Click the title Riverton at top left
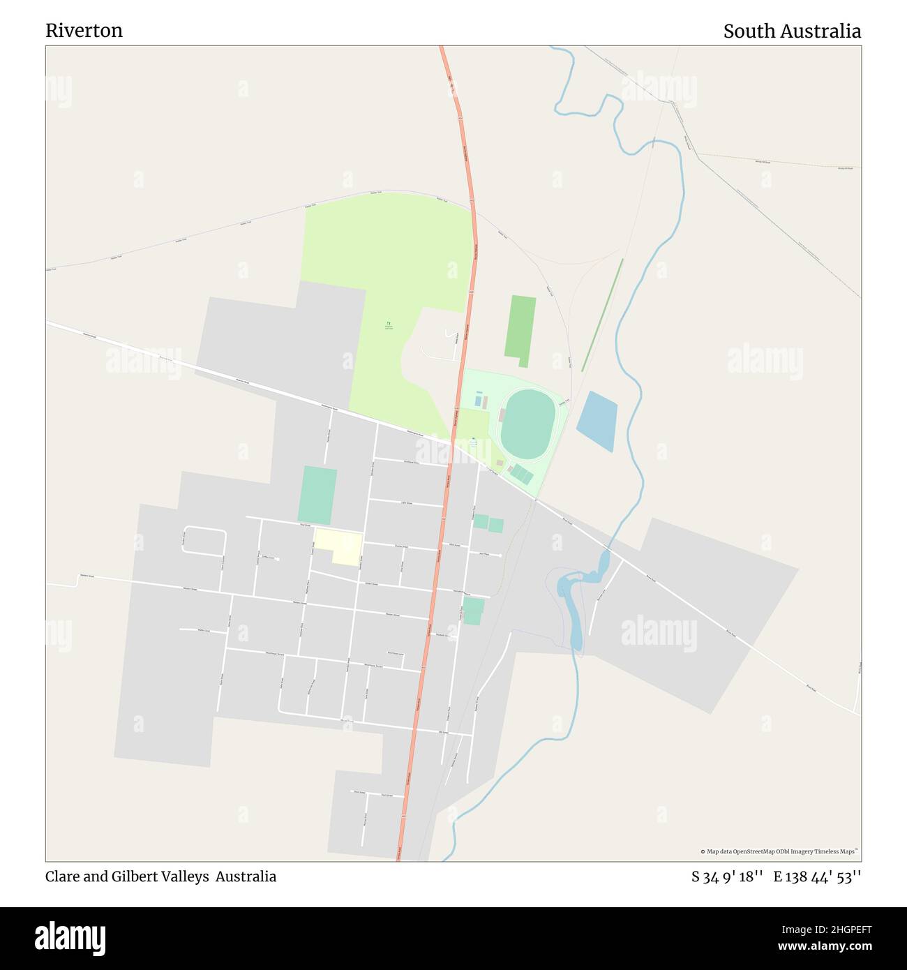[x=84, y=31]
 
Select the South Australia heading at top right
[x=791, y=31]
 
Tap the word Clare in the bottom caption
[x=63, y=876]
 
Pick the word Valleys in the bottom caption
[x=185, y=876]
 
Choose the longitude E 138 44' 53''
[x=816, y=876]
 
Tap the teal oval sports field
[x=528, y=424]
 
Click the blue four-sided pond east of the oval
[x=597, y=421]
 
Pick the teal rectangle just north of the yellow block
[x=317, y=495]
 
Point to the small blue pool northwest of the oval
[x=478, y=401]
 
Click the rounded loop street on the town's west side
[x=204, y=541]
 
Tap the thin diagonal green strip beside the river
[x=602, y=315]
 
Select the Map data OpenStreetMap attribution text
[x=779, y=851]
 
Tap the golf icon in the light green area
[x=389, y=324]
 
